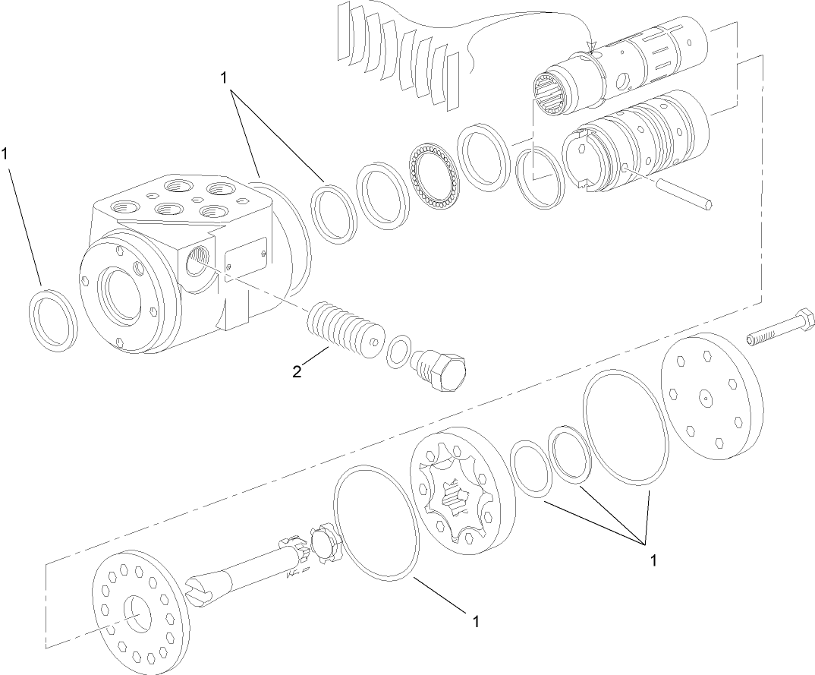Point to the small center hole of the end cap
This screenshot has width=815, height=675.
point(705,396)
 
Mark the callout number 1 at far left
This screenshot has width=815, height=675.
point(6,153)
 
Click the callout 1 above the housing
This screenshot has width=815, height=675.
point(224,77)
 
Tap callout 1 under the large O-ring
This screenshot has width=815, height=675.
point(477,622)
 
